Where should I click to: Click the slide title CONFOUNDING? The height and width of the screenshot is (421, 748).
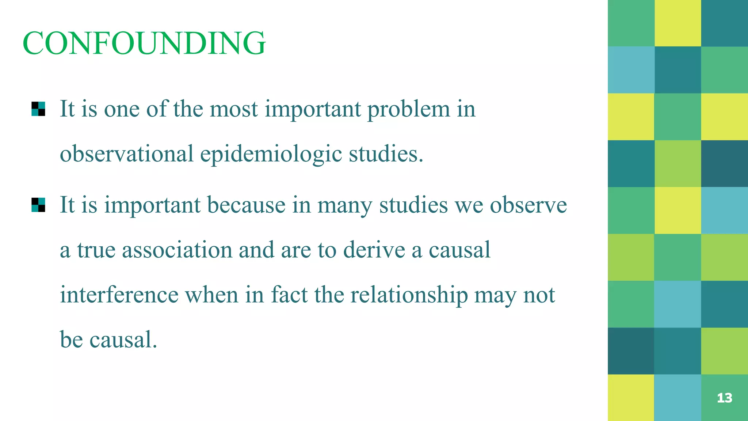click(144, 43)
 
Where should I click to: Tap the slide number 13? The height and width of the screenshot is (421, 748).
click(724, 398)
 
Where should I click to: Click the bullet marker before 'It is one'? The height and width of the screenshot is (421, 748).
click(38, 109)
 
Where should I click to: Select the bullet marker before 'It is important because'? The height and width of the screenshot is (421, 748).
click(38, 205)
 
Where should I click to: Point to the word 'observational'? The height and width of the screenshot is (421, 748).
click(126, 154)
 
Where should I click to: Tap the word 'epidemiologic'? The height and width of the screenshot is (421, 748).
click(271, 154)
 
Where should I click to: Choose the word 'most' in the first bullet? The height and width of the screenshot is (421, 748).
click(234, 109)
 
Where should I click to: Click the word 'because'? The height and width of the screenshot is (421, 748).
click(246, 205)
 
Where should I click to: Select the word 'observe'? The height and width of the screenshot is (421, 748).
click(528, 205)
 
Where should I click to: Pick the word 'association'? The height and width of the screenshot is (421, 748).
click(177, 250)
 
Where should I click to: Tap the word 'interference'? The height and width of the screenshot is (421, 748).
click(119, 295)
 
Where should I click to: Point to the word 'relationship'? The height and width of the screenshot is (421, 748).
click(409, 295)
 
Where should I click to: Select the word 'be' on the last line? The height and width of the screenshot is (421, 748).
click(71, 340)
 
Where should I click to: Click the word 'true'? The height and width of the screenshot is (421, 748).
click(96, 250)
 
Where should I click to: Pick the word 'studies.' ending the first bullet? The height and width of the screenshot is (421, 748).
click(386, 154)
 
